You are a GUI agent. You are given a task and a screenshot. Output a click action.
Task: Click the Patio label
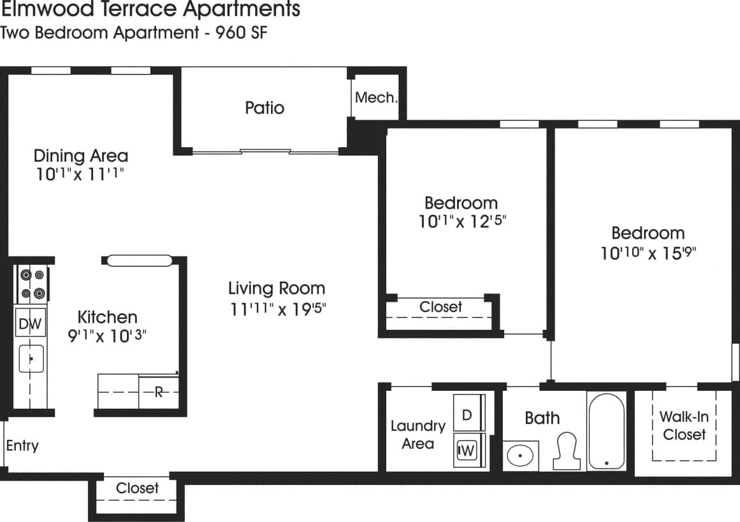(x=265, y=108)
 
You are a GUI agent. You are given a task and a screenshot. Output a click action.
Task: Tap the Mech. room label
(x=376, y=98)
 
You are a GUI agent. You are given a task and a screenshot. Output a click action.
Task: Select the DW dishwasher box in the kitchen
(x=30, y=324)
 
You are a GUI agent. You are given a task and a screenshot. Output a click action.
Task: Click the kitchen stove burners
(x=32, y=284)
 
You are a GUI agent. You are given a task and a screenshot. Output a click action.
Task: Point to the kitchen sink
(x=31, y=359)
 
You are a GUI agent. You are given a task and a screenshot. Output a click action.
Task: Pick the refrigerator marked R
(x=159, y=392)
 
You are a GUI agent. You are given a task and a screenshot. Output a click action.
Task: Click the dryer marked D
(x=467, y=415)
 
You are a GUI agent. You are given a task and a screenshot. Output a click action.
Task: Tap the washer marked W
(x=467, y=451)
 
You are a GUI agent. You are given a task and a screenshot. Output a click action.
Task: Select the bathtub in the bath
(x=606, y=431)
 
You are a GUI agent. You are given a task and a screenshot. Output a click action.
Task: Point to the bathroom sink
(x=521, y=456)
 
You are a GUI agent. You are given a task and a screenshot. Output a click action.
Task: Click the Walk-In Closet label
(x=684, y=426)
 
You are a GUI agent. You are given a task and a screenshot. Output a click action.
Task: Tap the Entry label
(x=22, y=446)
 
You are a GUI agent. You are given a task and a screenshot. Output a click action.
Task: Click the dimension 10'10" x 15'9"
(x=648, y=254)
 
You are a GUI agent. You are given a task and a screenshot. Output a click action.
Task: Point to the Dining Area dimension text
(x=80, y=175)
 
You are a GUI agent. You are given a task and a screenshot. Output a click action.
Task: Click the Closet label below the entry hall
(x=137, y=488)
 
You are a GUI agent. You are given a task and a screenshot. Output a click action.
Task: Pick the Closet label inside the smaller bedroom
(x=440, y=307)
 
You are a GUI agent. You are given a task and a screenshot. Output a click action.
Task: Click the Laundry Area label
(x=417, y=435)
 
